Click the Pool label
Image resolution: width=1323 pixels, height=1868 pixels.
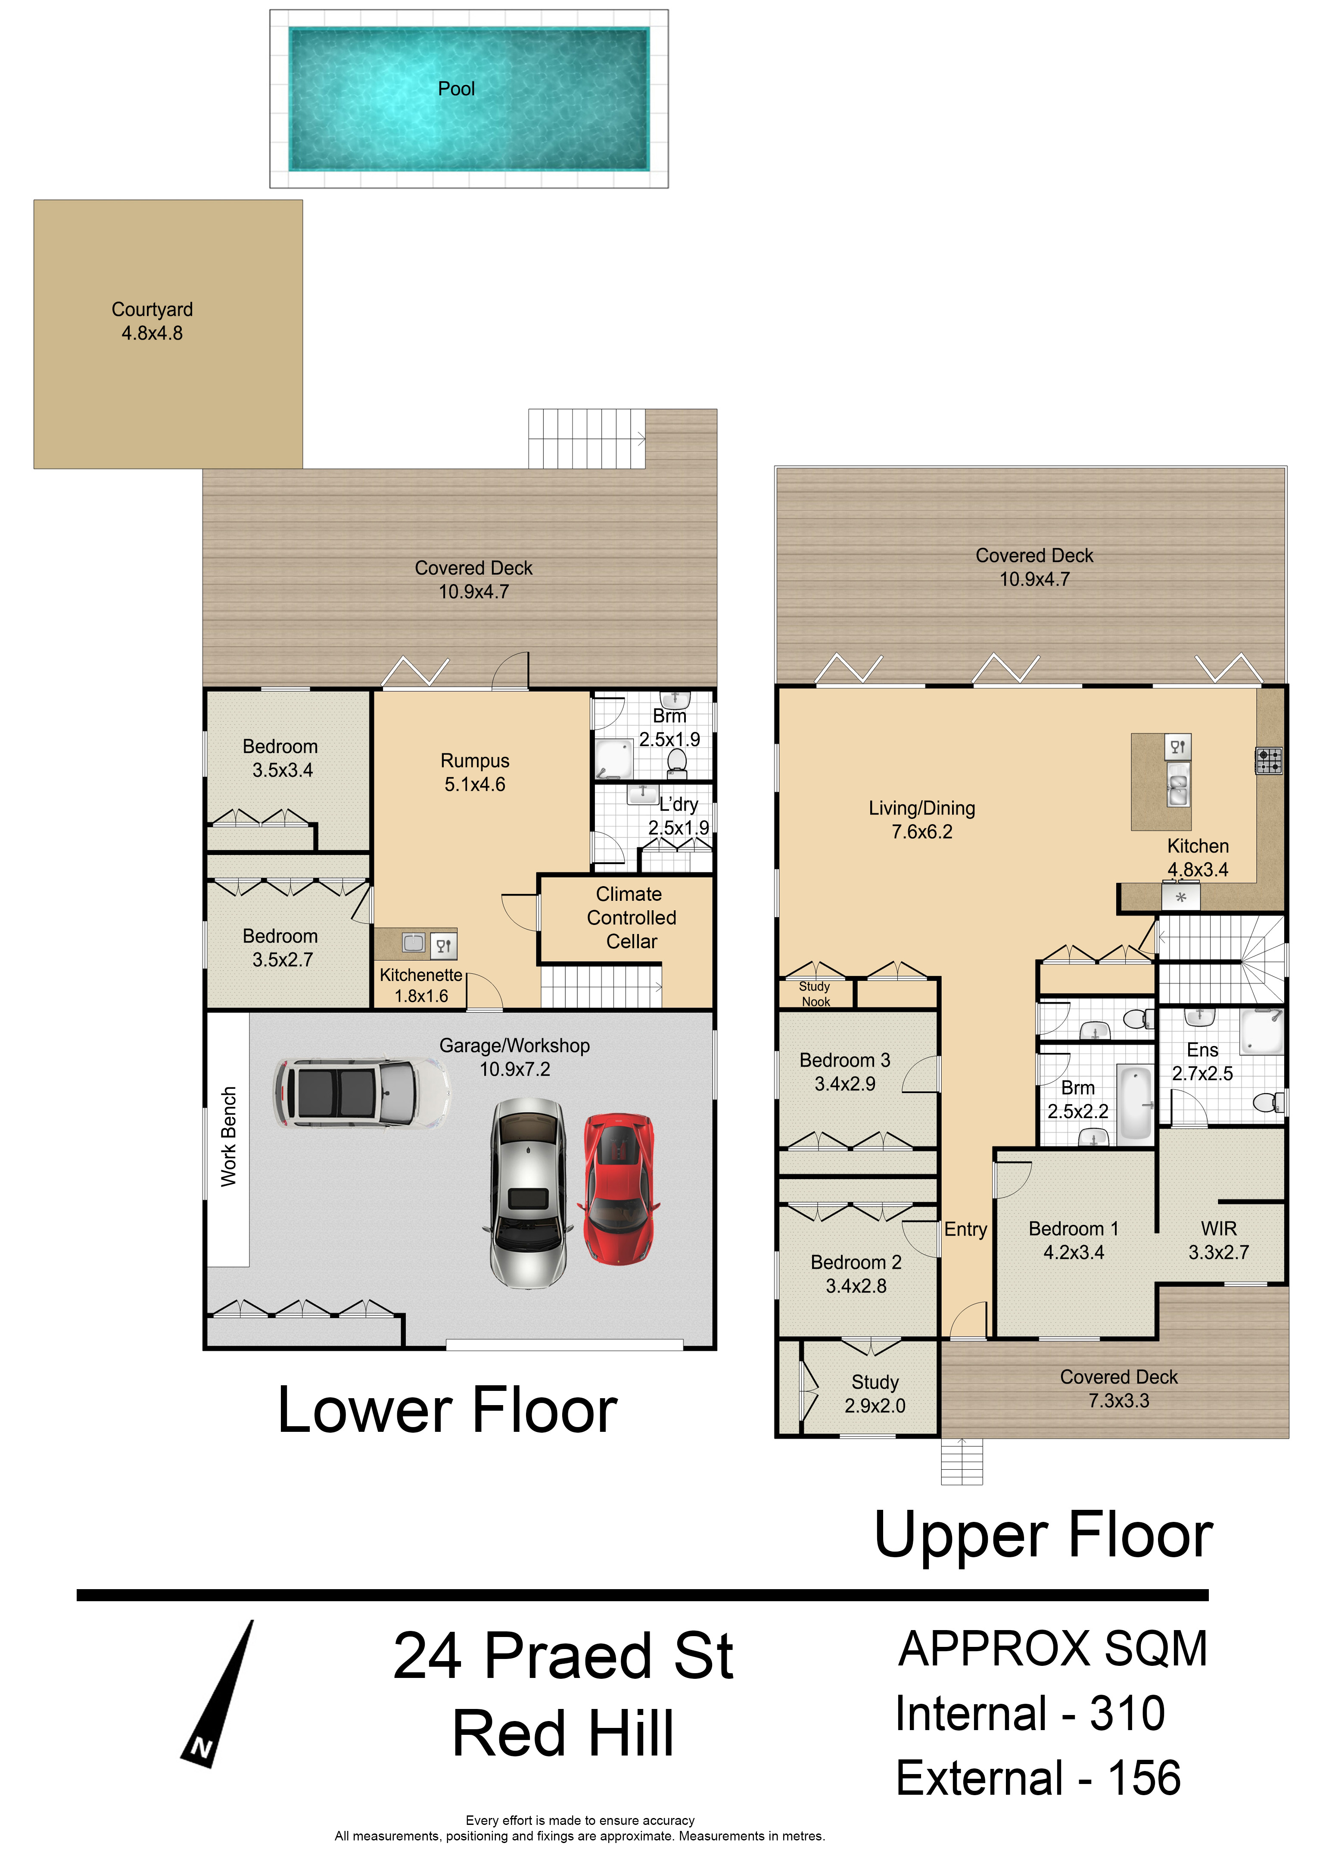click(x=456, y=89)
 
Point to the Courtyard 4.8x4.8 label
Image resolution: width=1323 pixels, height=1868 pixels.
click(x=153, y=321)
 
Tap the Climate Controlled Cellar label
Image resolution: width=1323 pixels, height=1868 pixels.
click(x=632, y=918)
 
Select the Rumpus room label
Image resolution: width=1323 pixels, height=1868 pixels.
click(x=475, y=772)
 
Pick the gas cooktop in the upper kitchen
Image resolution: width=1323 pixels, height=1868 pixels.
click(x=1268, y=760)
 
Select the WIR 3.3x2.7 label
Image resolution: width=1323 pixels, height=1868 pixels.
click(x=1219, y=1240)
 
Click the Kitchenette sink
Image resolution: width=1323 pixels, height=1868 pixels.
click(x=414, y=943)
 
